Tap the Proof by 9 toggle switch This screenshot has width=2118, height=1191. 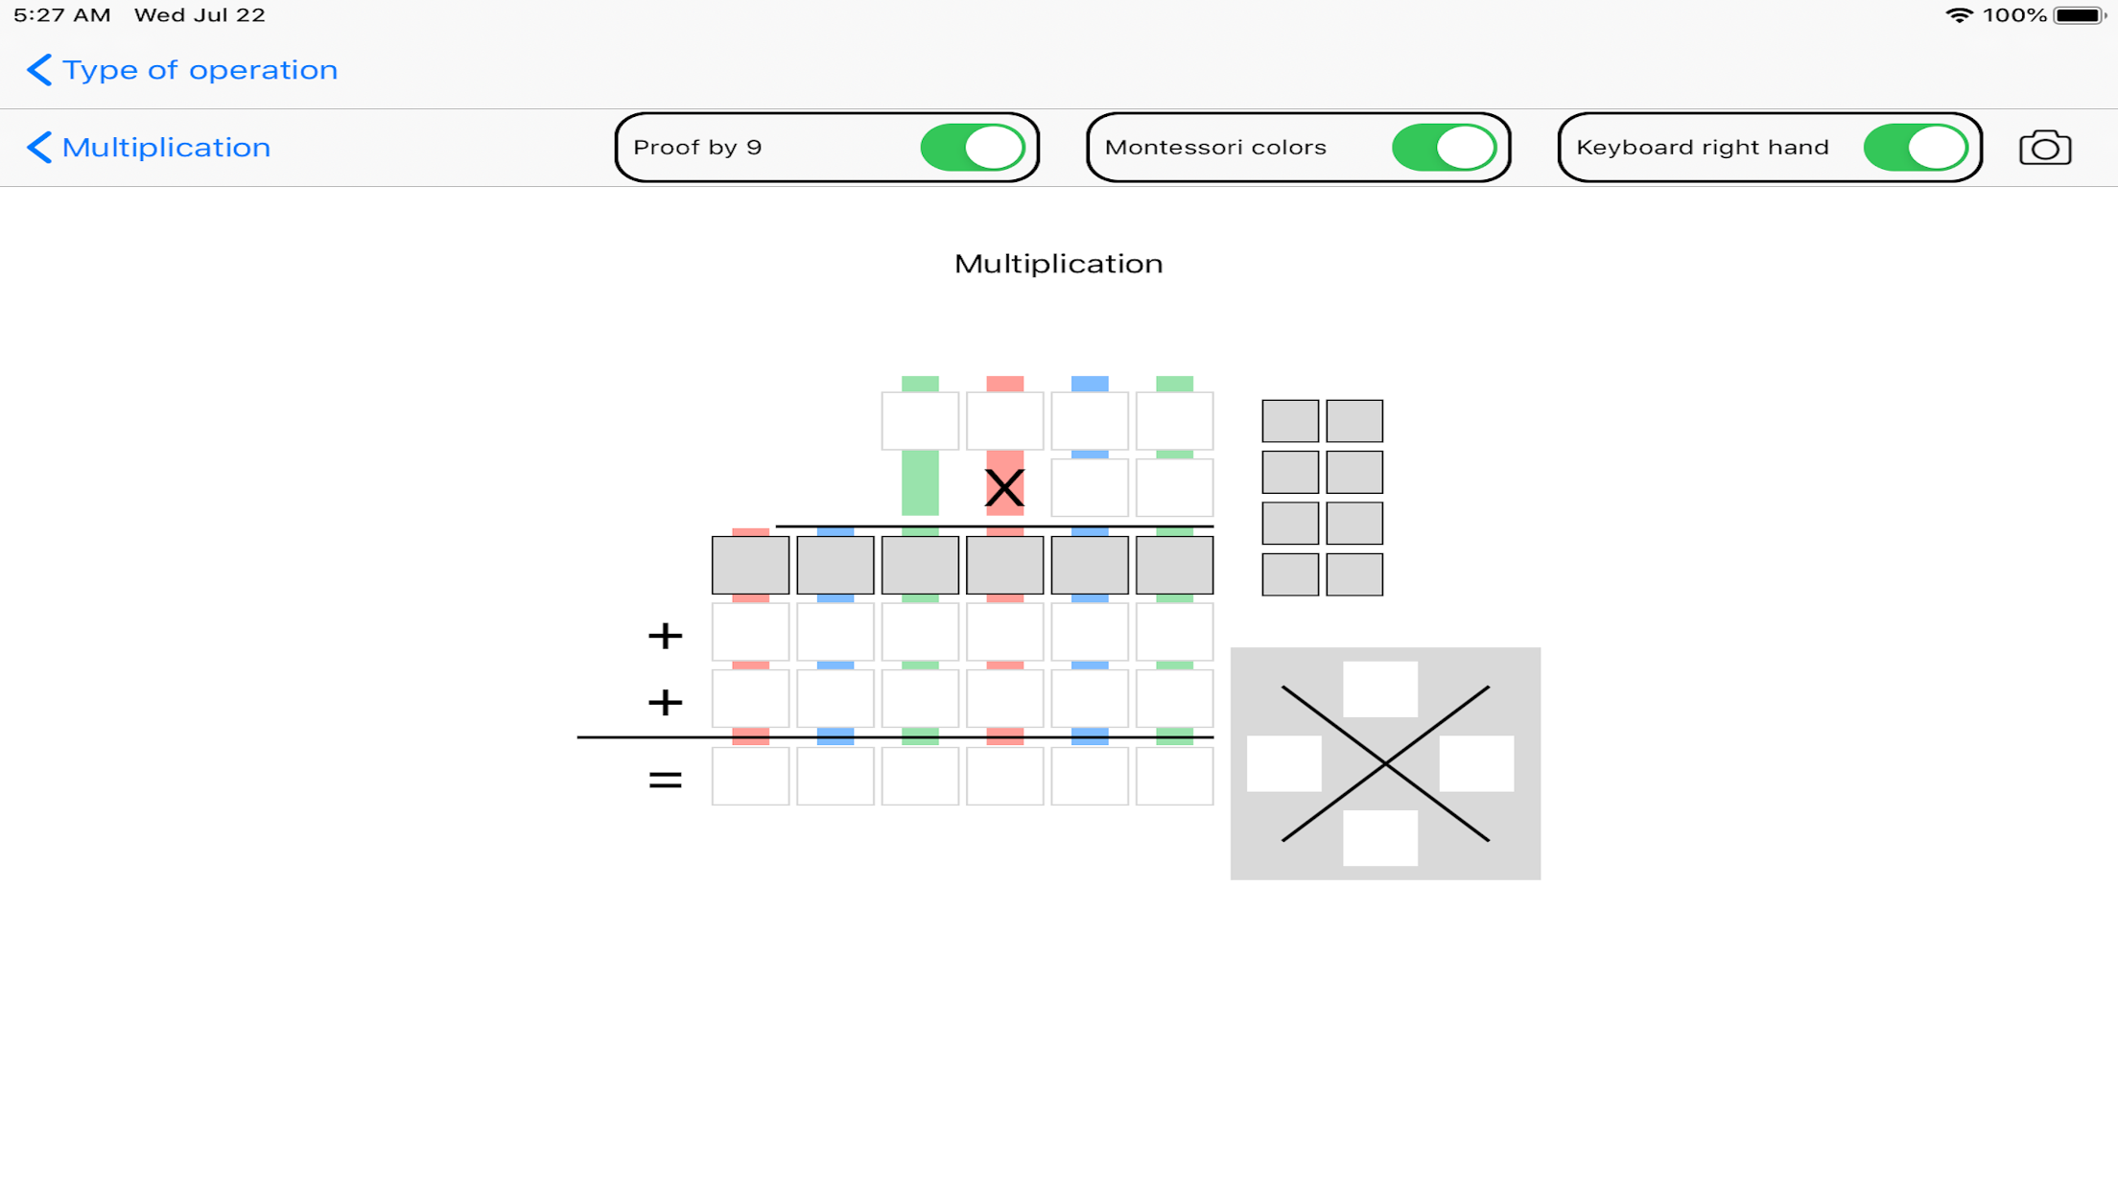[973, 148]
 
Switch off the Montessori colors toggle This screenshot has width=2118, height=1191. [1445, 148]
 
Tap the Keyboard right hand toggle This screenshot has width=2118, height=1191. [1917, 148]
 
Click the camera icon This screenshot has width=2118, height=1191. [2045, 148]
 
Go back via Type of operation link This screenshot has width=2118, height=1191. [182, 70]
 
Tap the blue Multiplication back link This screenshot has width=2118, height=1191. [149, 148]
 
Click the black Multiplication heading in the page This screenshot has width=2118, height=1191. [1058, 264]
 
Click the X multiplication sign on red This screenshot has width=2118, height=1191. [1004, 488]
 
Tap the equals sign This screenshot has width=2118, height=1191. [665, 780]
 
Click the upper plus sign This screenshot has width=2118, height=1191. [665, 636]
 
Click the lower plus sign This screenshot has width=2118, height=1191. [665, 703]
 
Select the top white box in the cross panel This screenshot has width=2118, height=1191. [1380, 689]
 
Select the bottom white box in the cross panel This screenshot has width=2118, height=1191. [1380, 838]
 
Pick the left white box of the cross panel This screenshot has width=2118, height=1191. [1284, 763]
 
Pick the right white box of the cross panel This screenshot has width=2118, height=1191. [1476, 763]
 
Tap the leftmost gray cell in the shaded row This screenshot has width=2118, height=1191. [750, 565]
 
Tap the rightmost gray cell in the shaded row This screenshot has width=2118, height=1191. [1174, 565]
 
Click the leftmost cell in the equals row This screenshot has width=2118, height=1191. [750, 776]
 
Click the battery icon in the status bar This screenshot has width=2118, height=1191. [2080, 15]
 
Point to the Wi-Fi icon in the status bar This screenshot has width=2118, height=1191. [1959, 15]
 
